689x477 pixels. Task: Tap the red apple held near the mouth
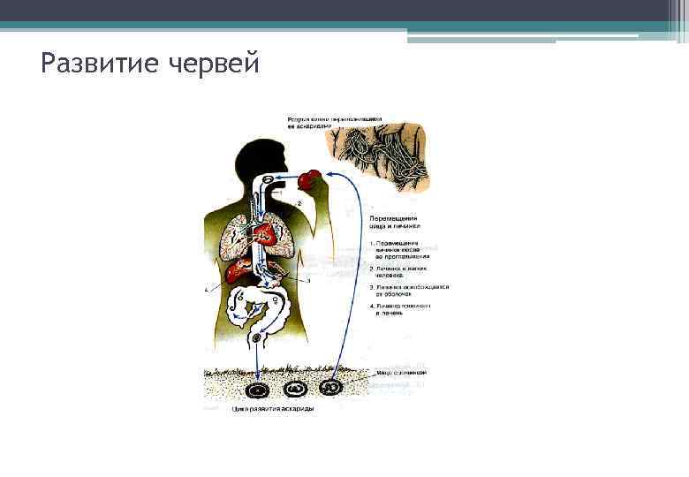pos(307,180)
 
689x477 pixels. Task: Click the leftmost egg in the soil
pos(258,388)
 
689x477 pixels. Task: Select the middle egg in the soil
pos(295,388)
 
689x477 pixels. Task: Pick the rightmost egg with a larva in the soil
pos(331,387)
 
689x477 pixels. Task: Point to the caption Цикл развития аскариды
pos(272,409)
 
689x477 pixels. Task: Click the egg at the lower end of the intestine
pos(258,337)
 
